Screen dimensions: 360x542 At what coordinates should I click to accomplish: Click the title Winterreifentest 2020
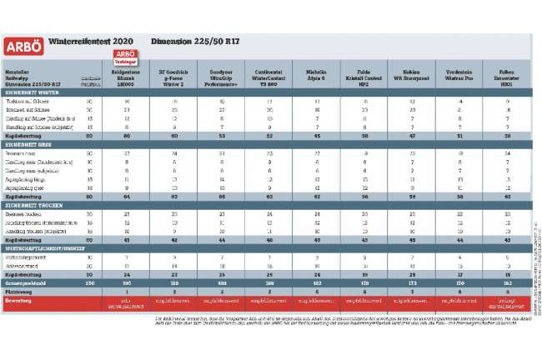tap(90, 41)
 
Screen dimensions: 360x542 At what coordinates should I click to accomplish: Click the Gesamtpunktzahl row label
tap(28, 282)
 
